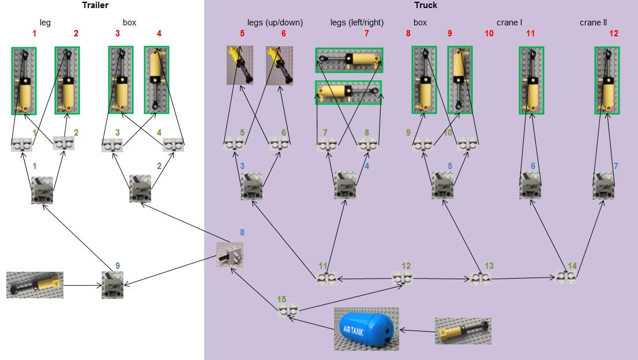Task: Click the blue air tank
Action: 366,329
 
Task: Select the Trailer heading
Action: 95,5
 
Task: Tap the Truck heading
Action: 426,5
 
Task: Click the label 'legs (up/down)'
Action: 275,22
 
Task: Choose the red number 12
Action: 613,33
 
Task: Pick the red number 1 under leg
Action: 35,33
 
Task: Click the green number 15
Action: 282,299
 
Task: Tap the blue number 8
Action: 242,232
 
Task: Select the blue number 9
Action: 118,266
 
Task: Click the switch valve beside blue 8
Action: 230,255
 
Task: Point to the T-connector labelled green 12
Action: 402,279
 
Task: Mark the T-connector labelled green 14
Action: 566,277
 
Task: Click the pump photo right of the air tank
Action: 463,331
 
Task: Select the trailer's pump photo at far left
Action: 35,284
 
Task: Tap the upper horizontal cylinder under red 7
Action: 349,60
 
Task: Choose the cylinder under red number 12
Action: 607,80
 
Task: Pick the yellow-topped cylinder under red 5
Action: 239,66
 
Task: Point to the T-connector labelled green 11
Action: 326,279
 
